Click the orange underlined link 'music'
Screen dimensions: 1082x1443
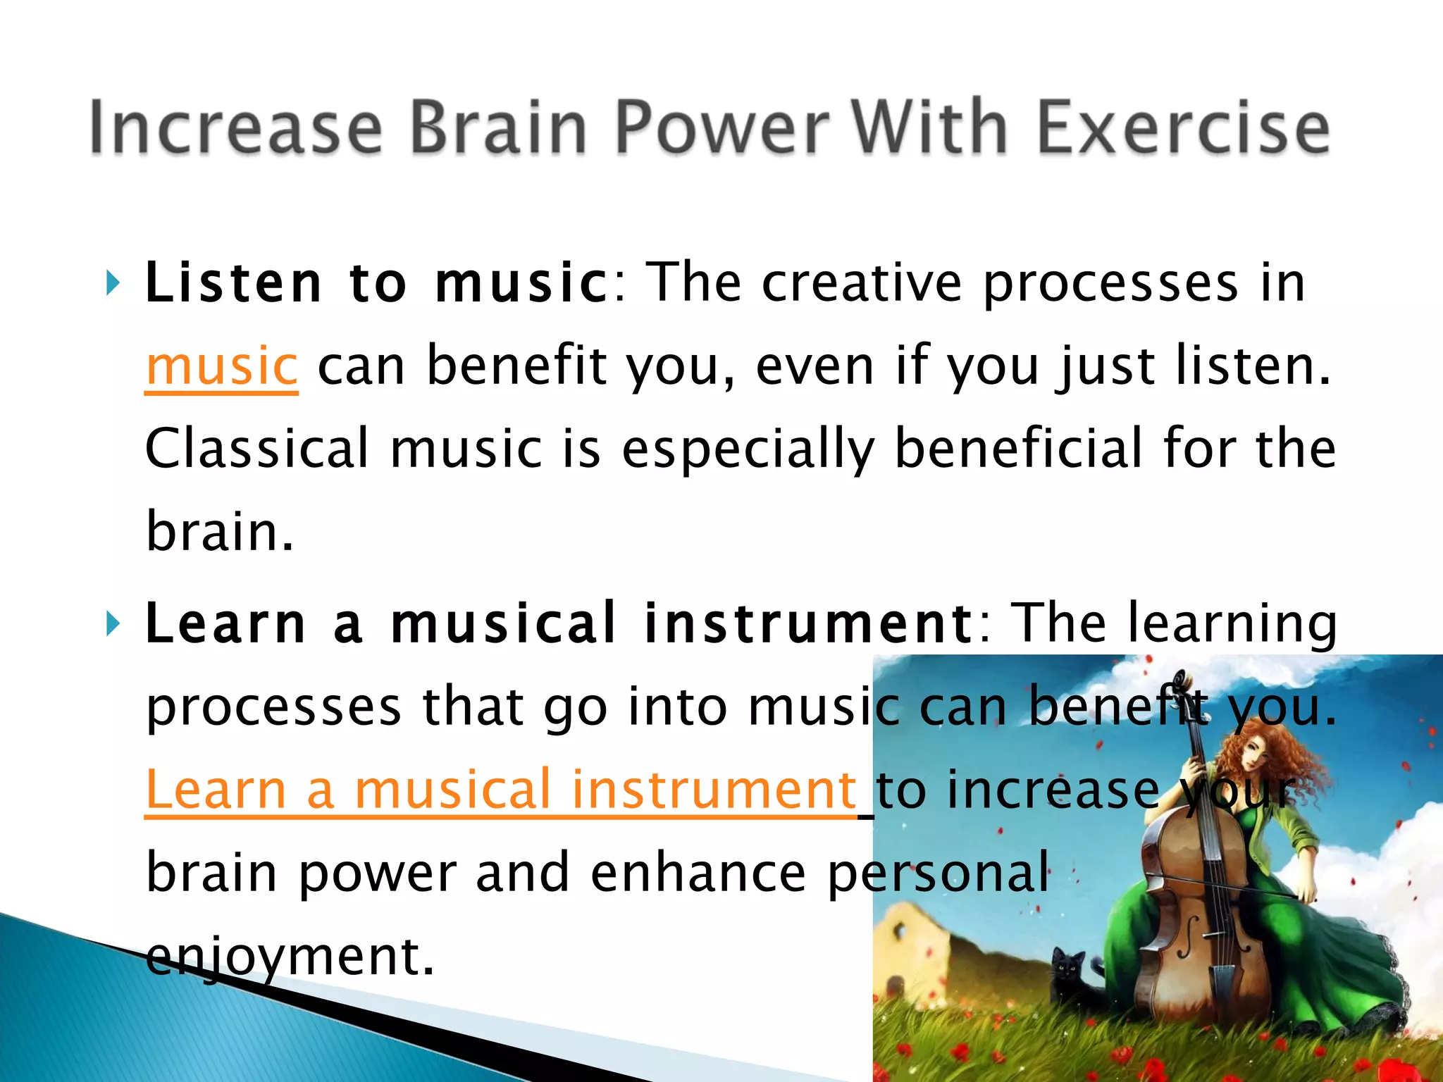(x=221, y=366)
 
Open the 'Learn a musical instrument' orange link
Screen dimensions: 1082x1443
(x=500, y=790)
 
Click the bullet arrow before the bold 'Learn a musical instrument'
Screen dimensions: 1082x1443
(x=112, y=624)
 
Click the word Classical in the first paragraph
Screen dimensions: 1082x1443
(x=256, y=449)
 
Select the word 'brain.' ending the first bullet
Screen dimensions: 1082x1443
(x=219, y=532)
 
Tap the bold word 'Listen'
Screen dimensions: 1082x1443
(x=233, y=283)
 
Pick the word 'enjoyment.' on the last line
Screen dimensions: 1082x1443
(x=290, y=956)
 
